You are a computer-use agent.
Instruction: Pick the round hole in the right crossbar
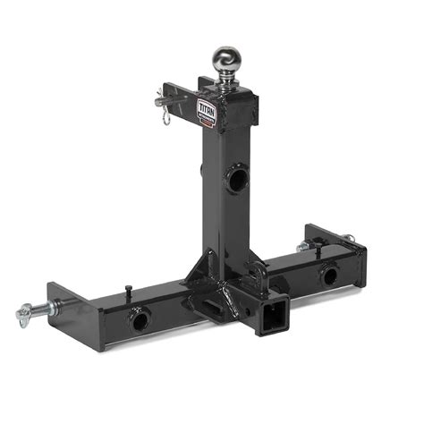[x=330, y=276]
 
